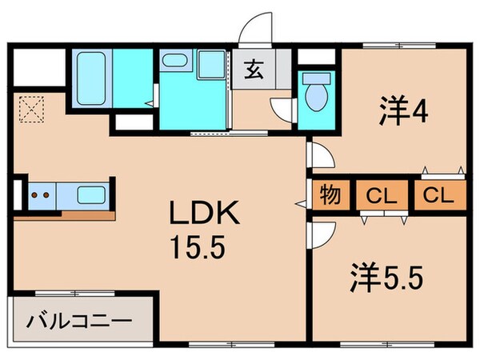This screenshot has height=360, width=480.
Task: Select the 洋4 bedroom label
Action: click(402, 110)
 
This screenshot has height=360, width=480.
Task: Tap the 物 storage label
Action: click(328, 195)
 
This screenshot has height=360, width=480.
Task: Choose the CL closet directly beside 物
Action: click(381, 195)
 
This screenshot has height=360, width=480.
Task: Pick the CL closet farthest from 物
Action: click(438, 195)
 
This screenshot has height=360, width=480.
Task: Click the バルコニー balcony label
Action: click(78, 322)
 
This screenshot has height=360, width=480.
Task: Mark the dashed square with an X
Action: click(32, 108)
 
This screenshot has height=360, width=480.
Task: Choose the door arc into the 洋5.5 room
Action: click(318, 234)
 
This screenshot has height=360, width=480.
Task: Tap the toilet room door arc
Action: click(282, 112)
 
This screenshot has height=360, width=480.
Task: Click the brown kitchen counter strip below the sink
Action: click(88, 214)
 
